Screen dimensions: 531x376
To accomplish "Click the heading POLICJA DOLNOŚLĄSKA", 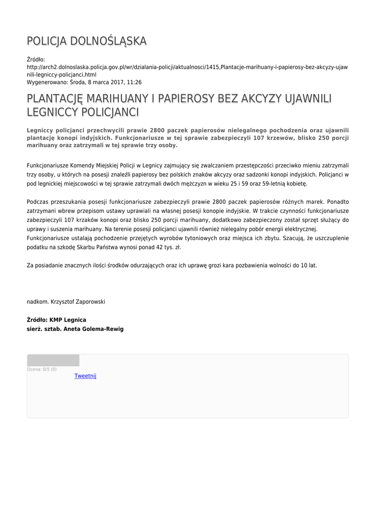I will coord(87,41).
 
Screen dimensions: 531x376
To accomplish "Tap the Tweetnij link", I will coord(85,376).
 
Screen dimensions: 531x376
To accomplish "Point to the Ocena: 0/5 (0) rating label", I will coord(42,369).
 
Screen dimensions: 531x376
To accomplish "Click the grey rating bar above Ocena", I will coord(53,360).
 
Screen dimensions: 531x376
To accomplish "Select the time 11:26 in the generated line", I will coord(134,82).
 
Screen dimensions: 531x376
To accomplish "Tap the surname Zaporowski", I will coord(86,301).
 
